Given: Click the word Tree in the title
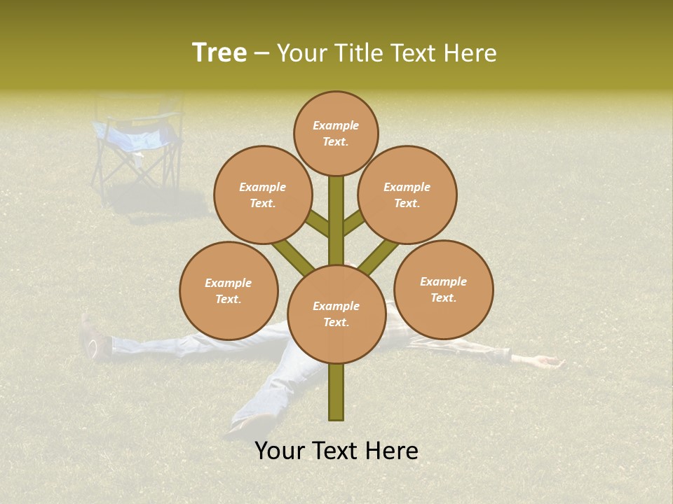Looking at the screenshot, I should point(219,53).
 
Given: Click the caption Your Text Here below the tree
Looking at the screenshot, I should point(336,451).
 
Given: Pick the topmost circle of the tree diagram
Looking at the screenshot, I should point(336,134).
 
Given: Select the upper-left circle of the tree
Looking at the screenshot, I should point(262,195).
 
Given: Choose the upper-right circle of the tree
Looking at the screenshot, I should point(407,195).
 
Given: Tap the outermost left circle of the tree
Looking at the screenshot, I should point(229,291).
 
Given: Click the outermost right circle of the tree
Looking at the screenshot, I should point(443,290).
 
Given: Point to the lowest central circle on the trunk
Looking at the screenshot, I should point(336,314).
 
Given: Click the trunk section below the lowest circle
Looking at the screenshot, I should point(336,392).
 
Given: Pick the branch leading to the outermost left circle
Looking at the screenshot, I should point(293,257).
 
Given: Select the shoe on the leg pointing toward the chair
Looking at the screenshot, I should point(90,337).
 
